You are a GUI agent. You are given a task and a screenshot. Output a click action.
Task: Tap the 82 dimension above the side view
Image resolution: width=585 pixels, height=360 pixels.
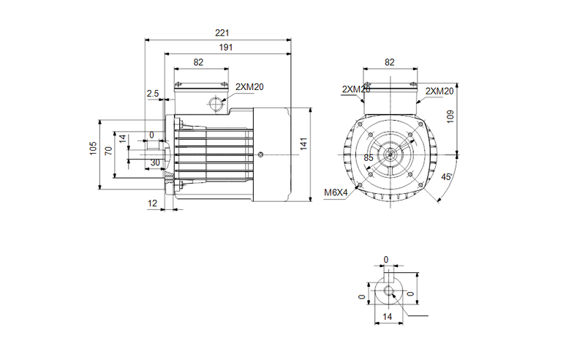tap(198, 63)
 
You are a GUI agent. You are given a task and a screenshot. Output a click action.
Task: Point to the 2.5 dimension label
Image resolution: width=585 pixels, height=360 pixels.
tap(153, 93)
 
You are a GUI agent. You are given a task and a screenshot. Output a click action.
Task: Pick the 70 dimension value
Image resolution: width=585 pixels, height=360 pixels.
tap(108, 151)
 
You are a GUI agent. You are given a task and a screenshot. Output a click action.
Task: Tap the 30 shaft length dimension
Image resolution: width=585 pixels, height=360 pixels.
tap(154, 162)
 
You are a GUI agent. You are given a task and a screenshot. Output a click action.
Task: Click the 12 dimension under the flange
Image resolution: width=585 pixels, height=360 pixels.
tap(153, 203)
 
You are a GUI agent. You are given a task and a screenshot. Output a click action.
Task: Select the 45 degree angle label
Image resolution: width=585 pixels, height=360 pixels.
tap(447, 176)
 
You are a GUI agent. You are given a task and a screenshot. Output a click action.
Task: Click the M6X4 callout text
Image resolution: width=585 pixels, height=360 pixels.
tap(336, 194)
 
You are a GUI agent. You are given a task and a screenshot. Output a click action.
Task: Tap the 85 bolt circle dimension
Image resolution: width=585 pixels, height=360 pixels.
tap(369, 157)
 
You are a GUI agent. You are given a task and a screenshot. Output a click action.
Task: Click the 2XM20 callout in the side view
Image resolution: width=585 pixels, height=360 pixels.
tap(249, 86)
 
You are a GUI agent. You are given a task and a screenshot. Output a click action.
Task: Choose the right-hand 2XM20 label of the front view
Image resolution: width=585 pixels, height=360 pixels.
tap(439, 91)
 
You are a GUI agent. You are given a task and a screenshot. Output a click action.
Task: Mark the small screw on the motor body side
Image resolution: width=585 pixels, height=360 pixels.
tap(262, 154)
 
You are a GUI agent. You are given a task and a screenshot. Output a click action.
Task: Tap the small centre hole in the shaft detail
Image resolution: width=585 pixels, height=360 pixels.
tap(388, 293)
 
